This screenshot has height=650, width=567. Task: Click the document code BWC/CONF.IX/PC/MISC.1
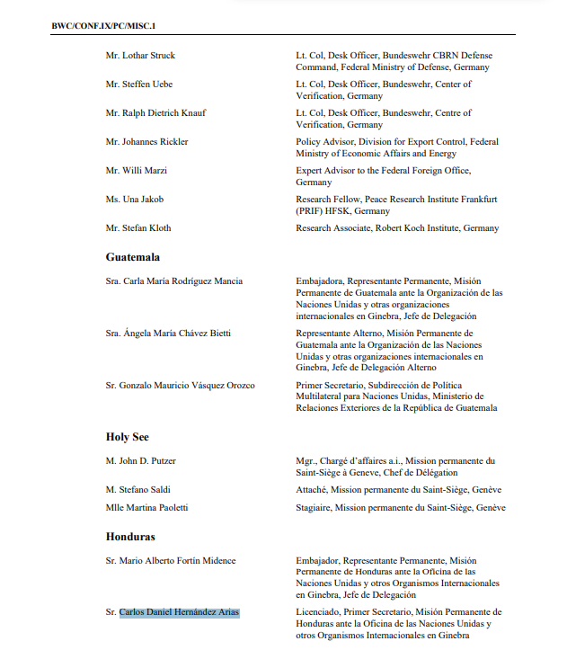click(105, 25)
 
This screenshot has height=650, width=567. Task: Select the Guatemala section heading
click(132, 257)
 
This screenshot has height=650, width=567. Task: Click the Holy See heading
click(128, 437)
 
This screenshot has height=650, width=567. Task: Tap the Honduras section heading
click(130, 537)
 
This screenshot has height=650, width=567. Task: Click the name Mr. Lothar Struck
click(140, 56)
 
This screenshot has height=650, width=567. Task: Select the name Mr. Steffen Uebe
click(139, 85)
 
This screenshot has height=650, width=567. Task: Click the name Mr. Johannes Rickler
click(147, 142)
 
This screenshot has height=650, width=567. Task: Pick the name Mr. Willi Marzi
click(137, 171)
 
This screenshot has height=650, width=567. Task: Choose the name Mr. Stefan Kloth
click(138, 228)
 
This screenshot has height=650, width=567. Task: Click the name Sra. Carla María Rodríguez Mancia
click(174, 281)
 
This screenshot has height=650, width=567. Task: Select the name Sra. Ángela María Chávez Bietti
click(168, 334)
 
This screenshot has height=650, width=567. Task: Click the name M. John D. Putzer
click(141, 461)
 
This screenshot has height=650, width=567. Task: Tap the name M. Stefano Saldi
click(138, 490)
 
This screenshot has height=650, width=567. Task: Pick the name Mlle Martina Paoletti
click(146, 508)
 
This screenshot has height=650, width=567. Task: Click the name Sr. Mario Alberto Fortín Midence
click(171, 561)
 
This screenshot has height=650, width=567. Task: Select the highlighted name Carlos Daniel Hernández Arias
click(180, 613)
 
